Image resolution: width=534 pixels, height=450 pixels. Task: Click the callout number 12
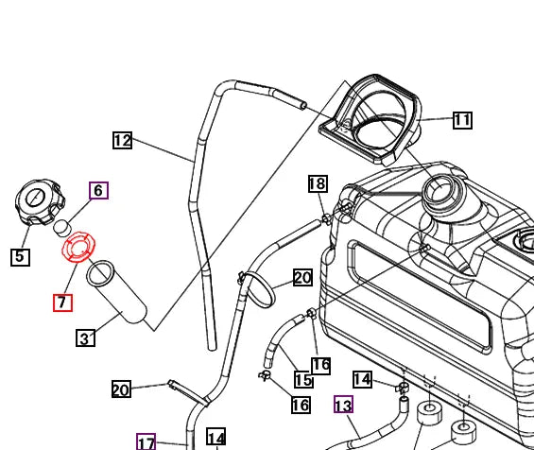coord(122,141)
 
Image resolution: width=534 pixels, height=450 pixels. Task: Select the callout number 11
coord(461,120)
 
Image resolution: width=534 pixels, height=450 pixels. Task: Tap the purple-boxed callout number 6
coord(98,190)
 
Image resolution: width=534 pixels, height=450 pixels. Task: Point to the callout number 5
coord(21,255)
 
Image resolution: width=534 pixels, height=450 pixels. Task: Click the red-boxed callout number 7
coord(62,303)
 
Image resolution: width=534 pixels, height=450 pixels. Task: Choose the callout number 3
coord(85,338)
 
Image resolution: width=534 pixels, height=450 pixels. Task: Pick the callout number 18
coord(318,183)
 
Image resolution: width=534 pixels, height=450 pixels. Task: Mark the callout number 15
coord(302,379)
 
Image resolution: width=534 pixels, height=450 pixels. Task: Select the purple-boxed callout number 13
coord(343,406)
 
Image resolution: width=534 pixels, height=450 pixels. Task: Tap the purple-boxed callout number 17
coord(146,441)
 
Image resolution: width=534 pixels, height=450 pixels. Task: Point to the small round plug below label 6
coord(61,227)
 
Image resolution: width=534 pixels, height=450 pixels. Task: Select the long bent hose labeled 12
coord(197,208)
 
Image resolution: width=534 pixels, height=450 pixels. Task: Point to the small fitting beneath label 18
coord(326,219)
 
